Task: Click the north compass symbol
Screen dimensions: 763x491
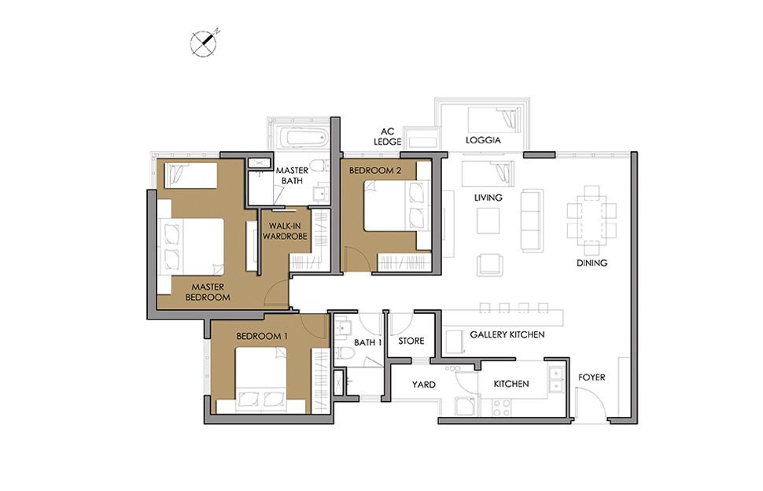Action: click(x=204, y=42)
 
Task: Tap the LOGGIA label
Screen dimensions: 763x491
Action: click(x=483, y=140)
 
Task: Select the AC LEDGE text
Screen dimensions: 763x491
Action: click(x=387, y=136)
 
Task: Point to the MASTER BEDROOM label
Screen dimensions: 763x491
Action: click(x=208, y=292)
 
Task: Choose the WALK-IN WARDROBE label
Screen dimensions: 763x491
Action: click(x=285, y=231)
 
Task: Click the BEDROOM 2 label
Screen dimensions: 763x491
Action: click(x=375, y=170)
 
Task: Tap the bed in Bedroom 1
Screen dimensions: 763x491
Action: click(x=271, y=380)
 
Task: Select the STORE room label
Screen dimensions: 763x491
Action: click(x=411, y=341)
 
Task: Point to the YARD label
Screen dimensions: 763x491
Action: click(x=423, y=385)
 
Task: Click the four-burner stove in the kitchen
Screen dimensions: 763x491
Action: click(x=502, y=407)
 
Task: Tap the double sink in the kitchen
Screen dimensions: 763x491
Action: click(x=555, y=379)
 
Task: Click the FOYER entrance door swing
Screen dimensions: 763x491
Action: click(x=590, y=402)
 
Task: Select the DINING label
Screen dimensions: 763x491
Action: click(x=592, y=263)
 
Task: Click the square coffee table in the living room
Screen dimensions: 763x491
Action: click(x=488, y=220)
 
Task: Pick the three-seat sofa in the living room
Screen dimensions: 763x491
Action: click(x=532, y=220)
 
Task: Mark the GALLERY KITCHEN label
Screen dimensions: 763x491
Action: click(x=507, y=334)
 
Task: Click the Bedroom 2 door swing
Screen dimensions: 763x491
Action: click(x=357, y=259)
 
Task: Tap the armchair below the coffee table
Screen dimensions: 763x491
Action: click(x=490, y=265)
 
